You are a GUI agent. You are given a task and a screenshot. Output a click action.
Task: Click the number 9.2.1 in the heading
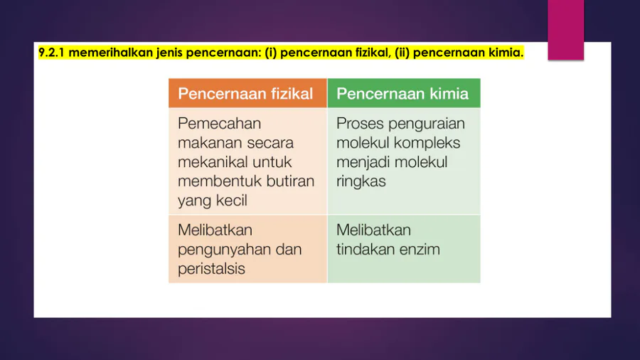(x=51, y=53)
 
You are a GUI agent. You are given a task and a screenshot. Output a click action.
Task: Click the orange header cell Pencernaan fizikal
(x=247, y=93)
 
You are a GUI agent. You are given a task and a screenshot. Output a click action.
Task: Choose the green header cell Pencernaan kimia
(x=404, y=93)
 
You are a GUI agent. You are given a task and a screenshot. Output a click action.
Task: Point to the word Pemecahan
(x=219, y=123)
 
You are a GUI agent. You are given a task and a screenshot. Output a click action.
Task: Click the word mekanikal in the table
(x=213, y=162)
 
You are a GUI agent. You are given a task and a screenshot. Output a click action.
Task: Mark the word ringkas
(x=361, y=181)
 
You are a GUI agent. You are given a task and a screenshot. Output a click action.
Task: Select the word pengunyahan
(x=218, y=250)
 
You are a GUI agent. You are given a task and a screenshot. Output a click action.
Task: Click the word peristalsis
(x=211, y=269)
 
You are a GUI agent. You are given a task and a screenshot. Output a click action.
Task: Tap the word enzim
(x=420, y=250)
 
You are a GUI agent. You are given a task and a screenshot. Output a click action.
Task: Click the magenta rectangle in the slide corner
(x=566, y=30)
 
